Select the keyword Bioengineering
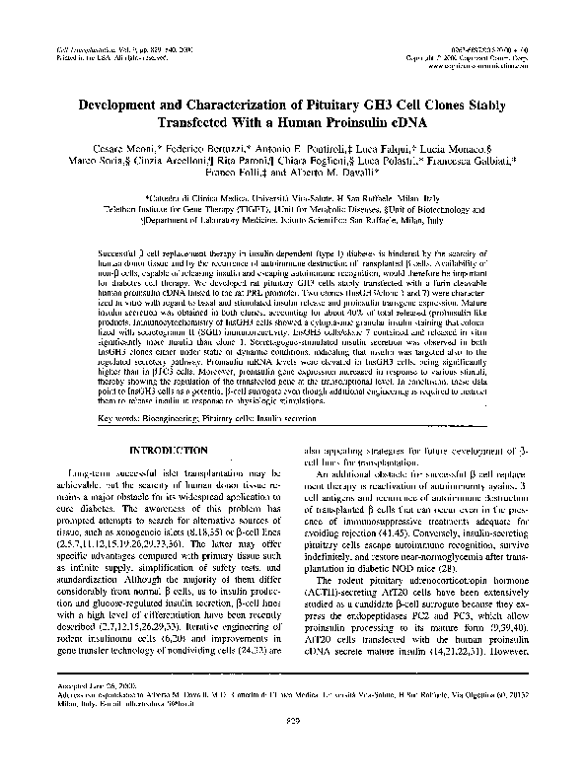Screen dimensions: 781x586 click(172, 418)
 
